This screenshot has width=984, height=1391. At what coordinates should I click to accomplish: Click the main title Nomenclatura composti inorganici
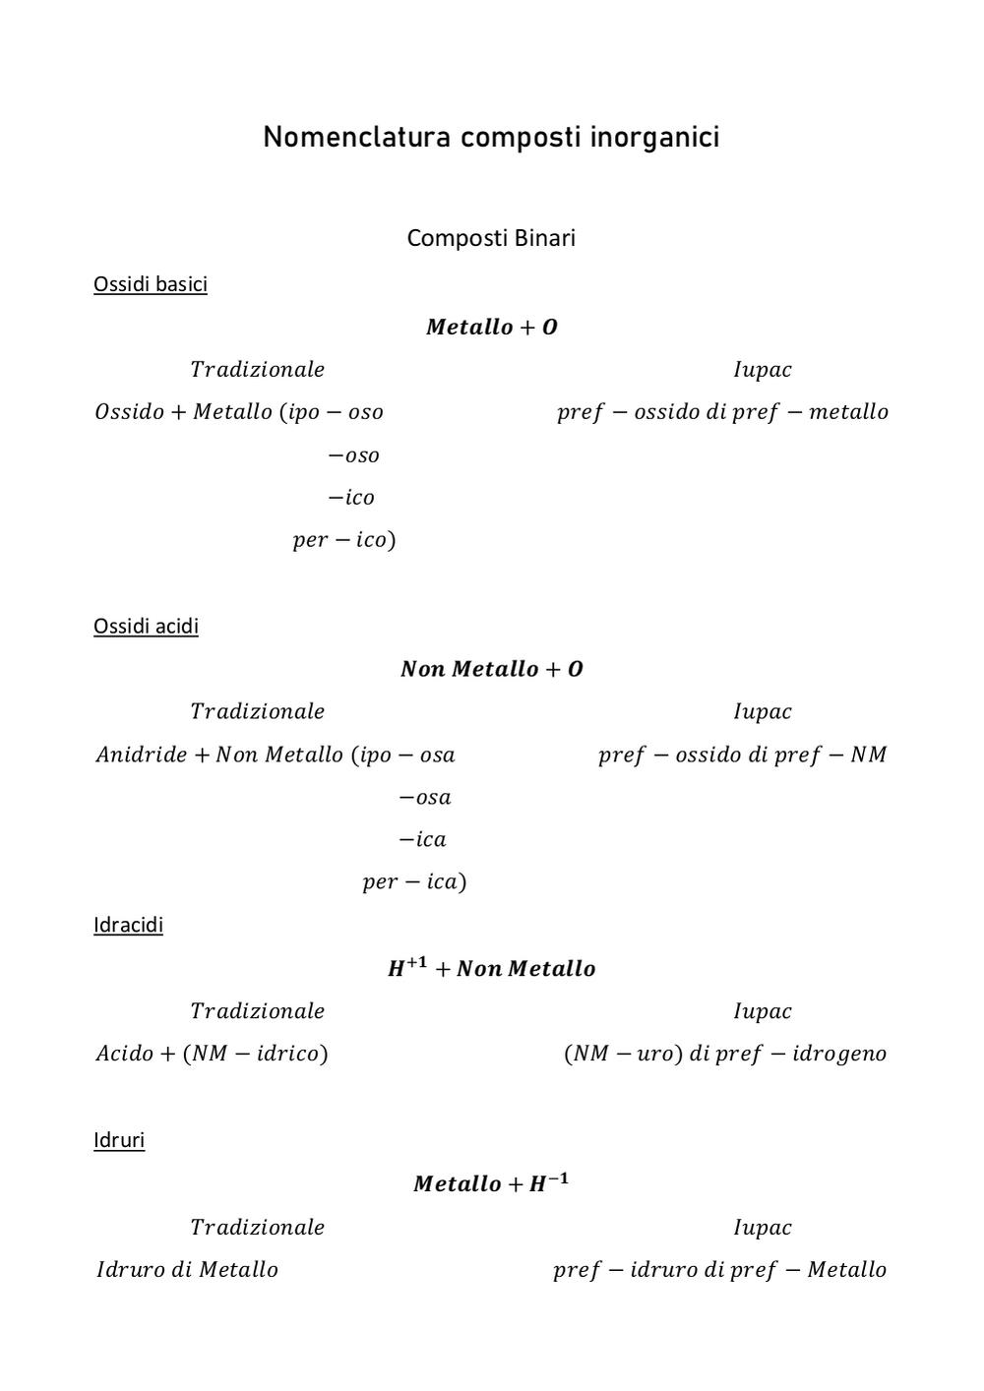pos(491,138)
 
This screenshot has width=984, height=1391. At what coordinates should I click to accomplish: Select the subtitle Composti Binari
pos(491,238)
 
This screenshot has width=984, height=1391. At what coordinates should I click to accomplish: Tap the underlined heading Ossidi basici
pos(151,284)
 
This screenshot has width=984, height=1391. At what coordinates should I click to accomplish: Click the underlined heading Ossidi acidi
pos(146,626)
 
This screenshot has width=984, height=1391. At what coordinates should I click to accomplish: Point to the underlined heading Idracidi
pos(128,925)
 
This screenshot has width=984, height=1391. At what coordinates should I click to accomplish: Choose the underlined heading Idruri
pos(119,1140)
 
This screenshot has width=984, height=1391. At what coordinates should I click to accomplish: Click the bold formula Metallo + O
pos(491,327)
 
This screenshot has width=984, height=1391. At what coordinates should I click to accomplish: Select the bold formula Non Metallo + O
pos(491,669)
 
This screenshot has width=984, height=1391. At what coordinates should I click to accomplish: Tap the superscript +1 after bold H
pos(417,962)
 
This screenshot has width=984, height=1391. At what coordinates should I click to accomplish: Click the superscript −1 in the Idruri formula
pos(558,1178)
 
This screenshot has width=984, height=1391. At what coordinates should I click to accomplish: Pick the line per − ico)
pos(344,540)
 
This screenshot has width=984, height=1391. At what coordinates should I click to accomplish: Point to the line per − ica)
pos(414,881)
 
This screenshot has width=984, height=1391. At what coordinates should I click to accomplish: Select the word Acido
pos(124,1054)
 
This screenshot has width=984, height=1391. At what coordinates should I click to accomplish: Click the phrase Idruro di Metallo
pos(187,1269)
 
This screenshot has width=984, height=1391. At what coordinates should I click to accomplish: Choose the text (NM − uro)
pos(623,1054)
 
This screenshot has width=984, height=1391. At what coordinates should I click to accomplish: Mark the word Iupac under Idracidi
pos(763,1011)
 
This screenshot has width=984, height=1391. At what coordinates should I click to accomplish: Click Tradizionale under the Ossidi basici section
pos(257,370)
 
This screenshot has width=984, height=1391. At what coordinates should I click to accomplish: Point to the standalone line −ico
pos(351,498)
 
